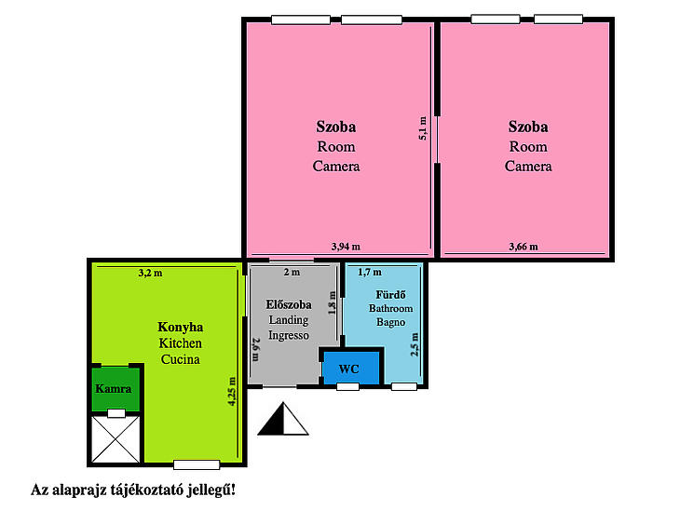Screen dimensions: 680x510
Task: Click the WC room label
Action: coord(348,369)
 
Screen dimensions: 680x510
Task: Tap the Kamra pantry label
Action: coord(114,389)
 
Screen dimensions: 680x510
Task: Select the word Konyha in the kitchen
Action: coord(181,328)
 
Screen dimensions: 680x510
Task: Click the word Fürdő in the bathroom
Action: coord(390,295)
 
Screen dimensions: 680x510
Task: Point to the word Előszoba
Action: coord(289,304)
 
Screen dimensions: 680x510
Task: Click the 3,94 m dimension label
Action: coord(346,247)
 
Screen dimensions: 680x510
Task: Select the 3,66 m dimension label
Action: coord(524,247)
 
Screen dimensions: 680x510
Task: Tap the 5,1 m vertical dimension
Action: coord(423,128)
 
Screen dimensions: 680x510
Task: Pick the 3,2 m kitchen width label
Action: coord(151,273)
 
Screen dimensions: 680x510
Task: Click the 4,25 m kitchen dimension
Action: coord(233,391)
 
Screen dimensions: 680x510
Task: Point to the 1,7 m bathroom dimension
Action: coord(370,272)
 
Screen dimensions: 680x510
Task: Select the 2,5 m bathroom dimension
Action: coord(415,344)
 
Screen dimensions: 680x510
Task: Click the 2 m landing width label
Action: coord(292,272)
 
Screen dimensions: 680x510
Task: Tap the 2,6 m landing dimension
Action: coord(255,349)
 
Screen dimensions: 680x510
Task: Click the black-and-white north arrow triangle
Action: coord(283,419)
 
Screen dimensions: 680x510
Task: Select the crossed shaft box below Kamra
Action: coord(116,439)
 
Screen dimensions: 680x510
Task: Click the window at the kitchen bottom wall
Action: coord(197,465)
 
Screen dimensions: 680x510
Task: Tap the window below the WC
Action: coord(347,386)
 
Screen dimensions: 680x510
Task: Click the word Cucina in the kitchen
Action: coord(181,359)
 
